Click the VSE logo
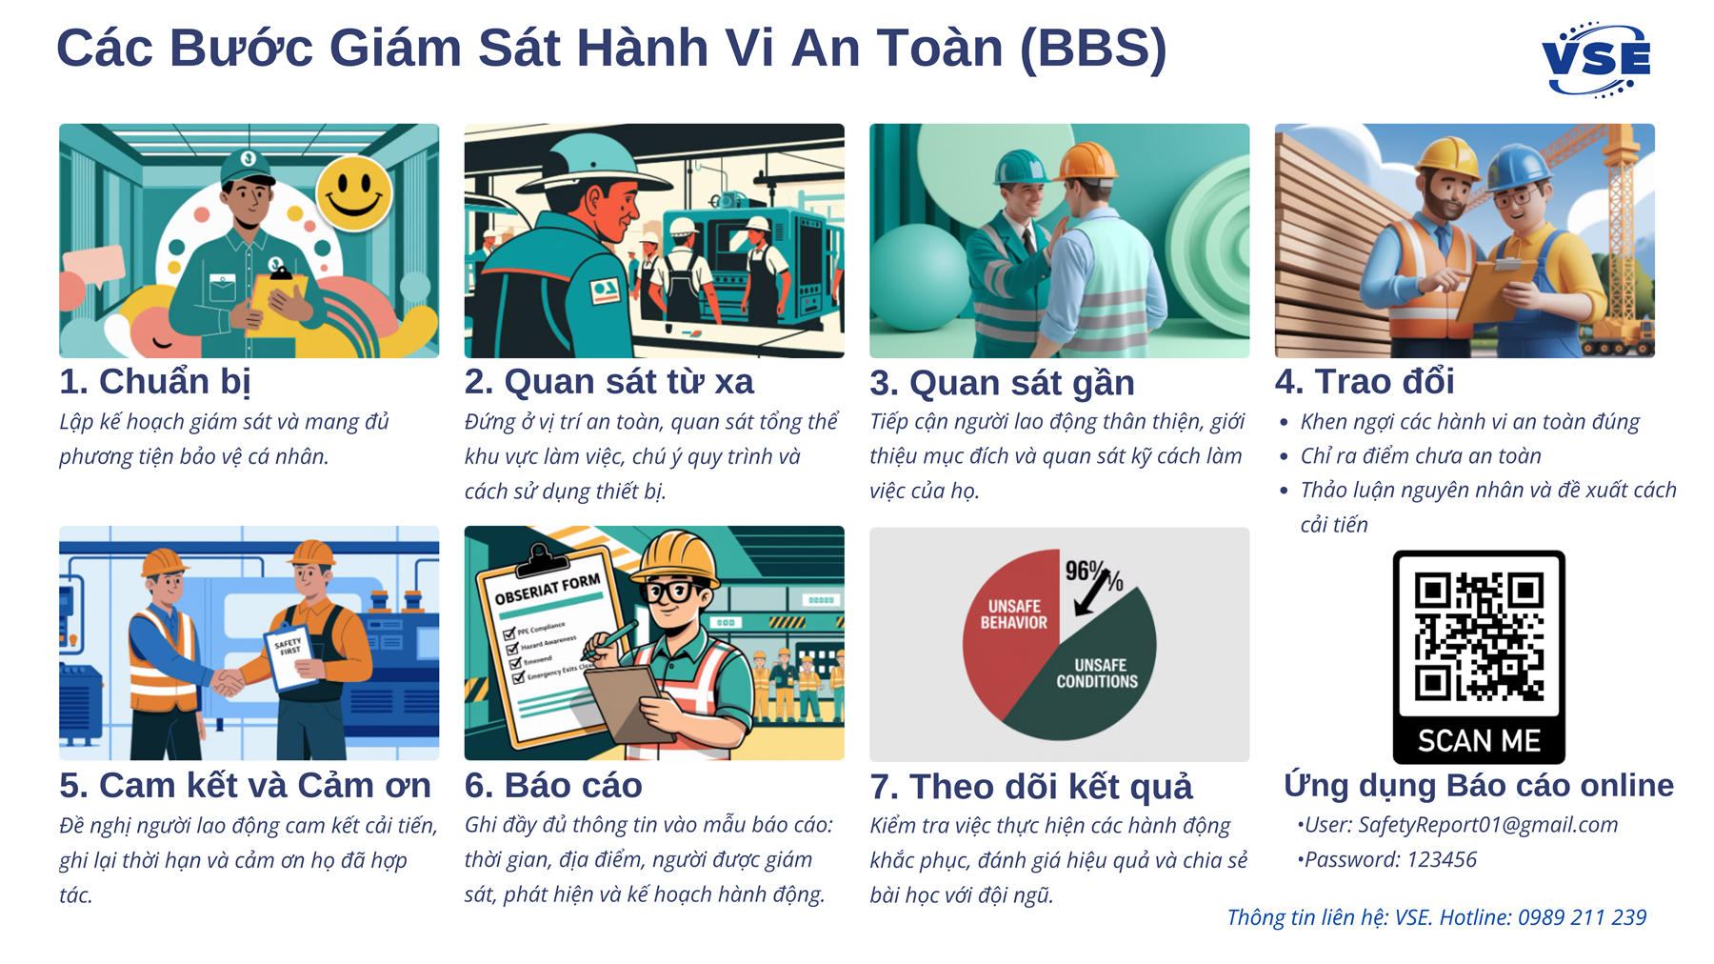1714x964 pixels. (1596, 60)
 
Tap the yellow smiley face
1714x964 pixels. (353, 193)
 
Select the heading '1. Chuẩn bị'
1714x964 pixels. (155, 382)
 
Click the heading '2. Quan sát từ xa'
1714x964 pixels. (608, 382)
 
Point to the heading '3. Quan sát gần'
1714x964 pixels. (1002, 383)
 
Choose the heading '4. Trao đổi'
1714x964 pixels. (1365, 382)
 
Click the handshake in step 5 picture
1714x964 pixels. (228, 682)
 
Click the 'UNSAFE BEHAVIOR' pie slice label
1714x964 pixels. (1013, 614)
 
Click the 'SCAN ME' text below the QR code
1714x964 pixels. (1478, 741)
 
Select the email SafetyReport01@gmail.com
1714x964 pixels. (1487, 825)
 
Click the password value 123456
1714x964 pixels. (1441, 860)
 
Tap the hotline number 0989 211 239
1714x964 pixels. (1582, 918)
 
